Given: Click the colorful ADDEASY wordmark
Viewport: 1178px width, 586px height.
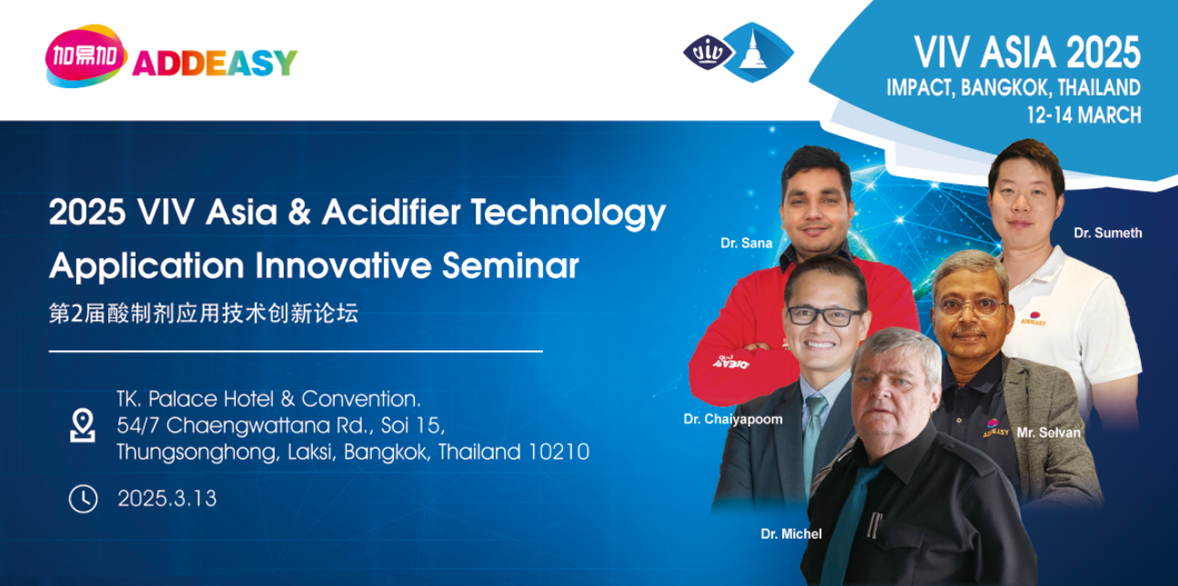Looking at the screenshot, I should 215,63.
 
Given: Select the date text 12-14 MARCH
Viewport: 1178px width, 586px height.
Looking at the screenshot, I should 1082,115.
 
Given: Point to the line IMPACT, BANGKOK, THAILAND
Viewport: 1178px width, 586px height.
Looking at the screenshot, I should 1012,87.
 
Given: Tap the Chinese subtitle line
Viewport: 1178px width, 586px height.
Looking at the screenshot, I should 204,313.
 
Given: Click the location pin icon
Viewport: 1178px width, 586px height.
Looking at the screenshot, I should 83,425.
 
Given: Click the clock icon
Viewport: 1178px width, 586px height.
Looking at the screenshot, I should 83,498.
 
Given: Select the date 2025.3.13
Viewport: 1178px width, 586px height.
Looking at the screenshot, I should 166,499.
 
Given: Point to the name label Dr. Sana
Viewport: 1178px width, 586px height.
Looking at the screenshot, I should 746,243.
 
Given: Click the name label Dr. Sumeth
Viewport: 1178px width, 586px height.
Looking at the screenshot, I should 1107,233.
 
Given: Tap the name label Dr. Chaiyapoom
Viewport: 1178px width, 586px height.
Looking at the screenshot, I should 732,419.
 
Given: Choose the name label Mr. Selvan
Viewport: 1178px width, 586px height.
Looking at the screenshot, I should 1048,432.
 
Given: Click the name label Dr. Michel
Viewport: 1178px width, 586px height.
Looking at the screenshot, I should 790,534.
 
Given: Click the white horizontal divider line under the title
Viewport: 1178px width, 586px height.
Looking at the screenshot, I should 295,350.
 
